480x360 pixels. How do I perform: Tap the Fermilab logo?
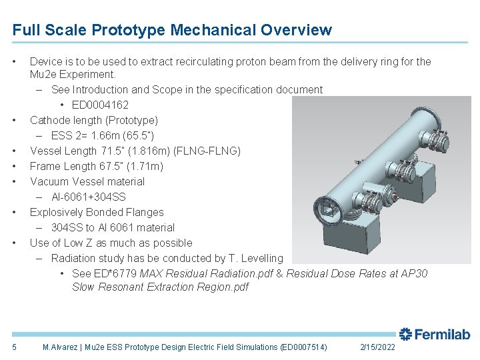(x=435, y=334)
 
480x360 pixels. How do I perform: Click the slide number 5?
(x=15, y=347)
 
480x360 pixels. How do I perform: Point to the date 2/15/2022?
(x=377, y=347)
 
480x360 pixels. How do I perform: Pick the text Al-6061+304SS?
(x=88, y=197)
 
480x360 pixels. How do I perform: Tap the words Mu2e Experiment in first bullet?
(x=73, y=74)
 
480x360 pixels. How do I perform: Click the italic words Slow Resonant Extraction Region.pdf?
(x=160, y=287)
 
